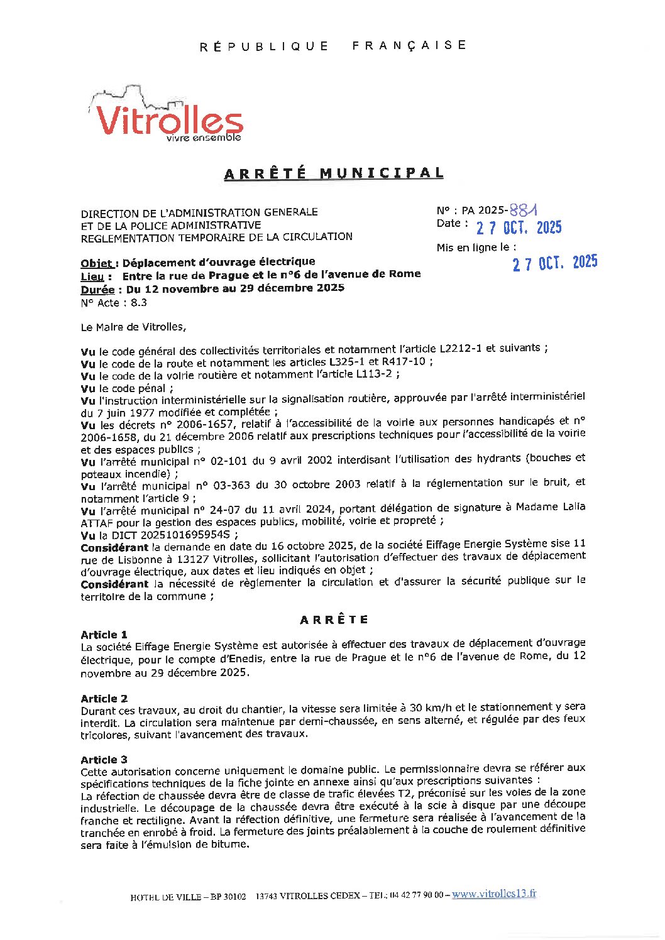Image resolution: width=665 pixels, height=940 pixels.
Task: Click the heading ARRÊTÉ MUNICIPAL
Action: tap(334, 173)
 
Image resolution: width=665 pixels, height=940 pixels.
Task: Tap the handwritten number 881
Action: tap(524, 210)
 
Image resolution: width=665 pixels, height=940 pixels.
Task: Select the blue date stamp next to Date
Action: tap(519, 227)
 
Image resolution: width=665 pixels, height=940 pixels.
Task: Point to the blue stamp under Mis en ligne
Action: tap(554, 263)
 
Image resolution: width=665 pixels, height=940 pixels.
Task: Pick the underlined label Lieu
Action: tap(96, 276)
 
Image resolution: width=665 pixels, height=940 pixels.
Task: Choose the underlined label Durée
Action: tap(98, 290)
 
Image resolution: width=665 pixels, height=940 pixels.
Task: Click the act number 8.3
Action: tap(139, 302)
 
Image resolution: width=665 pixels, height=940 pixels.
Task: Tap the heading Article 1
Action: tap(104, 635)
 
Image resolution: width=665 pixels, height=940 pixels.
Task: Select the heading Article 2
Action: tap(104, 699)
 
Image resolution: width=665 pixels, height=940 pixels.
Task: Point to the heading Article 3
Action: tap(104, 760)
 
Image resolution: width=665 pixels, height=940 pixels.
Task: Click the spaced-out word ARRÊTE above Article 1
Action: tap(334, 620)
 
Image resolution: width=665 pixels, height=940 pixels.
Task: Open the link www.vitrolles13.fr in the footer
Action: tap(494, 894)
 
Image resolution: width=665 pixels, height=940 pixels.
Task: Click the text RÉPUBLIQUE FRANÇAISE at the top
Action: tap(333, 46)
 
